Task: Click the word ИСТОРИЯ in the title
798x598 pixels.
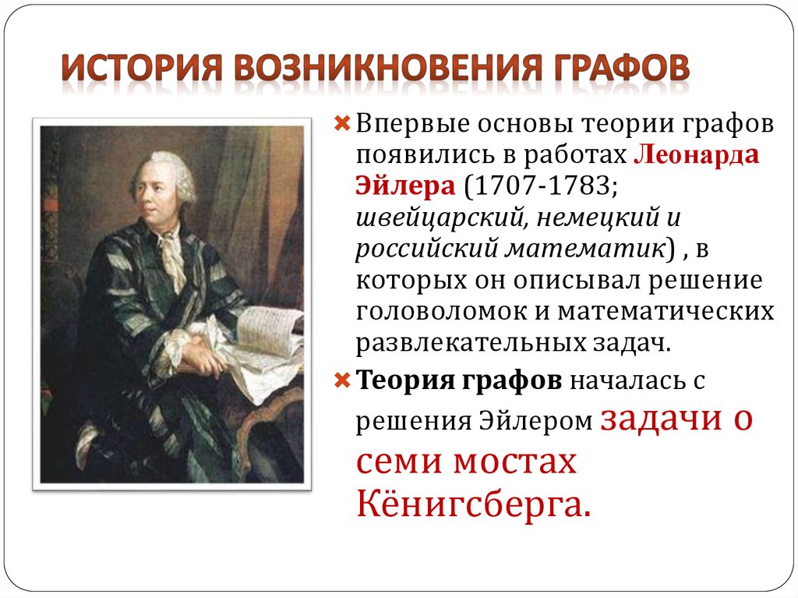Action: click(x=139, y=68)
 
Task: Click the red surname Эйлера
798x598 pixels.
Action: click(x=405, y=186)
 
